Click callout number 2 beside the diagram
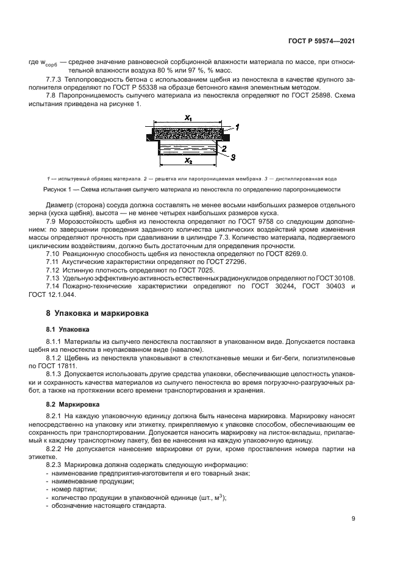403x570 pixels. click(225, 148)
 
